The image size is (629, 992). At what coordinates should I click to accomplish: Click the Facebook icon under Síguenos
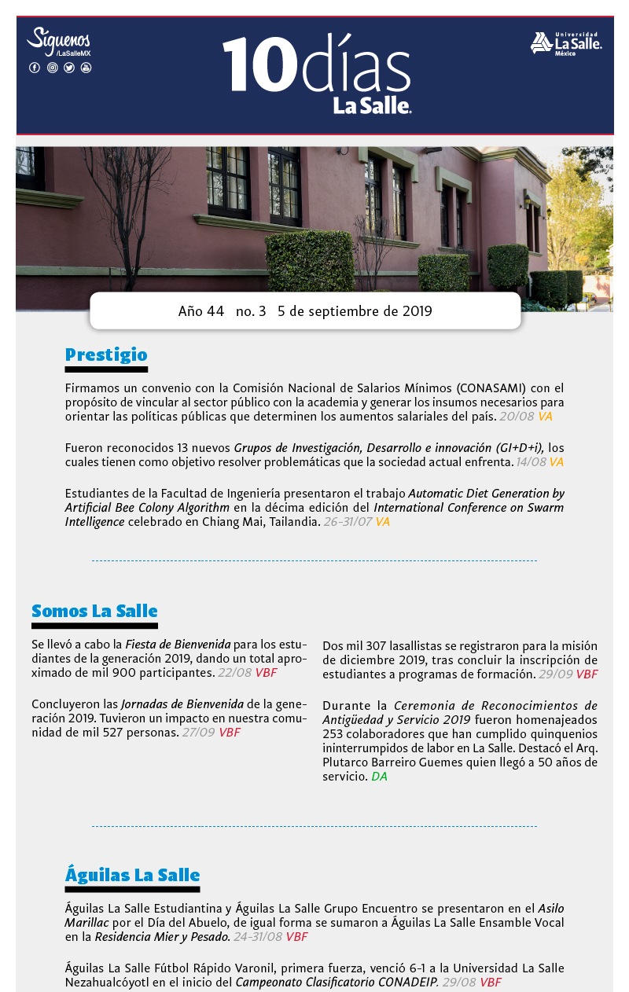pos(35,68)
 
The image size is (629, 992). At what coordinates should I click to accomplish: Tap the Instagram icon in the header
pos(52,68)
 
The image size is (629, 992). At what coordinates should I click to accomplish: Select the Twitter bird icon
pos(69,68)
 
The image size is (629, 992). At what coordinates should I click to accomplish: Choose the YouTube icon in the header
pos(86,68)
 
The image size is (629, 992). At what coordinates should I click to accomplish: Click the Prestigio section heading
pos(106,355)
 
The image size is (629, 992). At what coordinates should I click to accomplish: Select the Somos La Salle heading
pos(94,611)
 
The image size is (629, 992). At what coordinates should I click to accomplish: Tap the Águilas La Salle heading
pos(132,875)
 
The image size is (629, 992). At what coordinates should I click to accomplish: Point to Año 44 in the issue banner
pos(201,311)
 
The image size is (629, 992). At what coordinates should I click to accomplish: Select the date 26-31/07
pos(347,521)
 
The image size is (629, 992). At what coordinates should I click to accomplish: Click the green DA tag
pos(379,777)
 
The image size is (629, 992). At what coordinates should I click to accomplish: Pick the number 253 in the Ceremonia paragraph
pos(334,734)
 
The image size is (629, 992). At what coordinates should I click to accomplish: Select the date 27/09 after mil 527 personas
pos(198,733)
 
